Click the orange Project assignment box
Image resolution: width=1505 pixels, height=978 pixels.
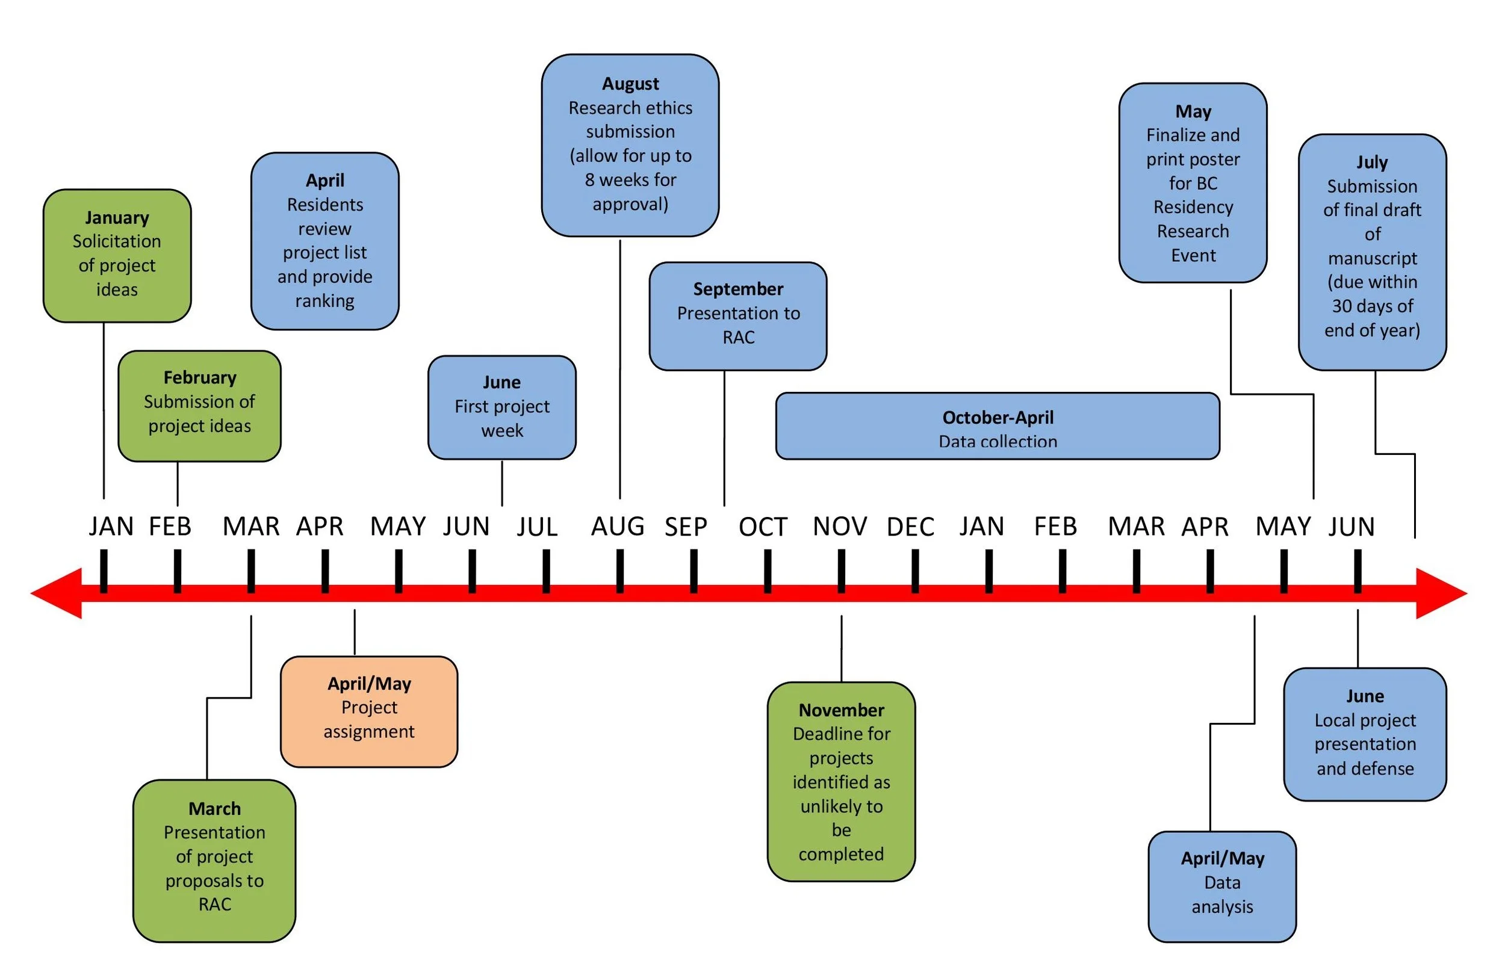coord(368,711)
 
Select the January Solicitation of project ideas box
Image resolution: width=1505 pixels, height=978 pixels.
coord(117,255)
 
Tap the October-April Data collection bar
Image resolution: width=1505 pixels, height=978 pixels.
coord(998,426)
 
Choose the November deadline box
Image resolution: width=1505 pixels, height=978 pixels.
coord(841,781)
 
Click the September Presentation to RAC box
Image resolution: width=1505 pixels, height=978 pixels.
coord(738,316)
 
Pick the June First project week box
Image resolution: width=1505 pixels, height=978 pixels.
coord(501,407)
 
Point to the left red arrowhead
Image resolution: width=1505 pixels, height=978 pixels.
coord(57,593)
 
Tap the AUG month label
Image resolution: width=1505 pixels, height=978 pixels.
coord(618,527)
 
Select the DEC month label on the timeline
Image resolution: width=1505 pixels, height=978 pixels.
coord(911,527)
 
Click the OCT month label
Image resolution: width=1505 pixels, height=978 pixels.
coord(763,527)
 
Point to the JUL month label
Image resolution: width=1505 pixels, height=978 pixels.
coord(537,527)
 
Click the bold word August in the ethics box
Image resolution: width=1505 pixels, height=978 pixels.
coord(630,84)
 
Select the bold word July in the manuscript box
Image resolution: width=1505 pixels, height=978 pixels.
coord(1371,162)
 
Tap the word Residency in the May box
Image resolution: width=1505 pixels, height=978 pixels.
coord(1193,208)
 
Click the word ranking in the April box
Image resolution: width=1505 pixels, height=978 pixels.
coord(324,301)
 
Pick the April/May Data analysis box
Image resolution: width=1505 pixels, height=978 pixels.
coord(1221,887)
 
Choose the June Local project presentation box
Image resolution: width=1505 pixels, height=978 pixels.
coord(1365,734)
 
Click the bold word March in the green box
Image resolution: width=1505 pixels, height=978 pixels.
coord(214,808)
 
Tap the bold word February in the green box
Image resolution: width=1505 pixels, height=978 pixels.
coord(200,377)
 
